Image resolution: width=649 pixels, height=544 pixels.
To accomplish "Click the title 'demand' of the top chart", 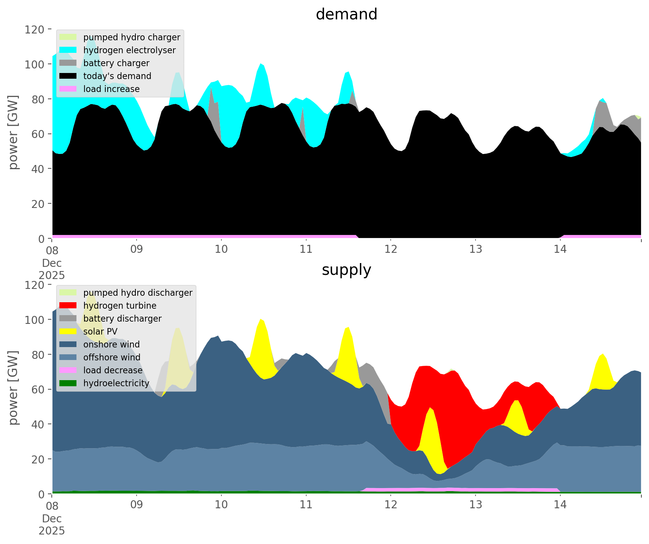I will click(x=346, y=14).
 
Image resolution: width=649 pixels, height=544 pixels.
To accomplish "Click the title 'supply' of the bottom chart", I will click(x=346, y=270).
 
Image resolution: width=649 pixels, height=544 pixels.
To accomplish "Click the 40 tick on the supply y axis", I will click(x=38, y=424).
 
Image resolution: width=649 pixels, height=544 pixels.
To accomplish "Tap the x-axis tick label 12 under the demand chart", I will click(x=391, y=249).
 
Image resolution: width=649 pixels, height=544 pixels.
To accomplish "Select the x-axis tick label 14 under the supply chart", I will click(x=560, y=505).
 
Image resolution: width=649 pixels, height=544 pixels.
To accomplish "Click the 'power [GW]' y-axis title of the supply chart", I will click(x=14, y=388).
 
